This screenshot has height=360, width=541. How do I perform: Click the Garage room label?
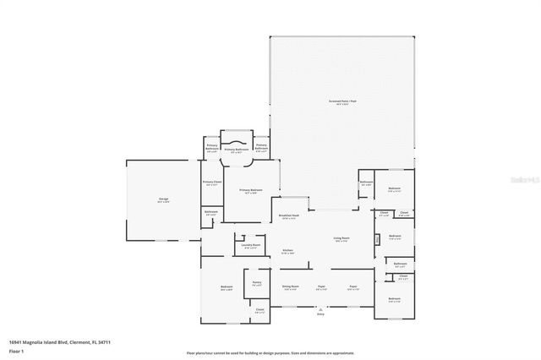tap(163, 200)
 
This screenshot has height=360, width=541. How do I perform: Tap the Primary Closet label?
tap(212, 183)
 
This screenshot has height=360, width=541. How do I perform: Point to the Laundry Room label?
tap(250, 246)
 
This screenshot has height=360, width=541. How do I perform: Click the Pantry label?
tap(255, 283)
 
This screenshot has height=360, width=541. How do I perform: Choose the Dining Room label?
tap(290, 287)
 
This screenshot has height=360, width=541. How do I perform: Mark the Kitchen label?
tap(287, 251)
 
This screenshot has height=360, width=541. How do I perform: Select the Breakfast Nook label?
tap(290, 217)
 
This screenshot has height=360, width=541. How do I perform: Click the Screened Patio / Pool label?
tap(342, 101)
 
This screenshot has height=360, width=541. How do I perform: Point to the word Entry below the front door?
tap(320, 314)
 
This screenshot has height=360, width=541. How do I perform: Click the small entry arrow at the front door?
tap(320, 308)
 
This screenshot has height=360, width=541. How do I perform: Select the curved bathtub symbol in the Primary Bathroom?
tap(237, 139)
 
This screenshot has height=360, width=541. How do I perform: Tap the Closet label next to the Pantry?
tap(259, 310)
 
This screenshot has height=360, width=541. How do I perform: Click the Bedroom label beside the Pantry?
tap(227, 288)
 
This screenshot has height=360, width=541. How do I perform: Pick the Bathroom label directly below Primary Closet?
tap(211, 212)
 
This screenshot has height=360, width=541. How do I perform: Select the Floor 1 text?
tap(16, 349)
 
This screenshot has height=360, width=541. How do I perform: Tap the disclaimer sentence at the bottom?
tap(270, 352)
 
